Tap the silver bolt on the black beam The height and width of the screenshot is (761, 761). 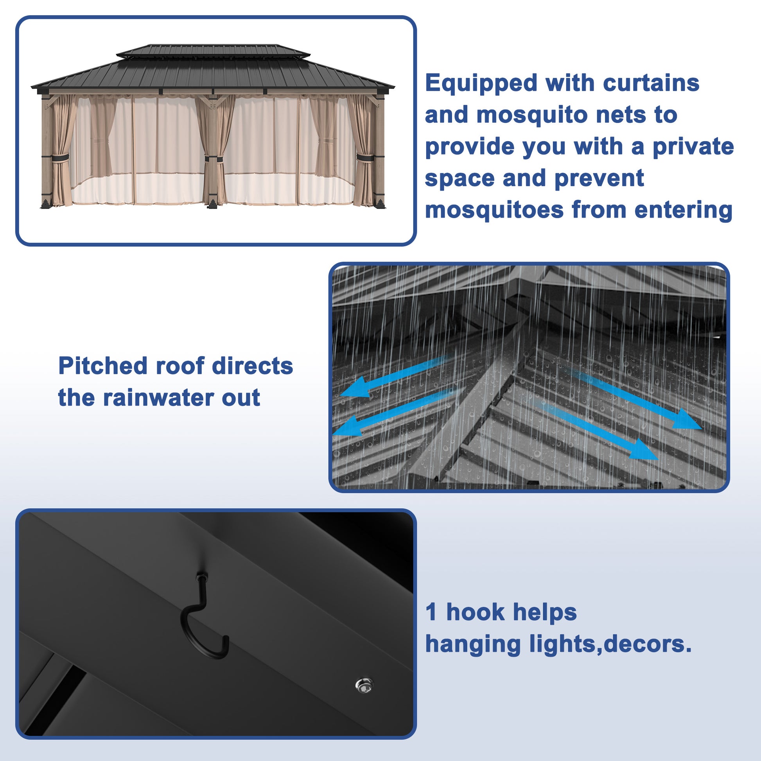point(364,686)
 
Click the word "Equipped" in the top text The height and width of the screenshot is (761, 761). point(481,84)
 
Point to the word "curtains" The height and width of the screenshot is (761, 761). point(651,84)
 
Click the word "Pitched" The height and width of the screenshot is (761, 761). point(103,366)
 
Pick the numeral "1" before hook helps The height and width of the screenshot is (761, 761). point(431,612)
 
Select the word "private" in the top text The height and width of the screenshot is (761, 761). point(693,147)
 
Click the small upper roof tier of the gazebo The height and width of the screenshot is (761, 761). point(213,51)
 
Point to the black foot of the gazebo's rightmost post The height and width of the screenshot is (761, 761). point(380,204)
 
